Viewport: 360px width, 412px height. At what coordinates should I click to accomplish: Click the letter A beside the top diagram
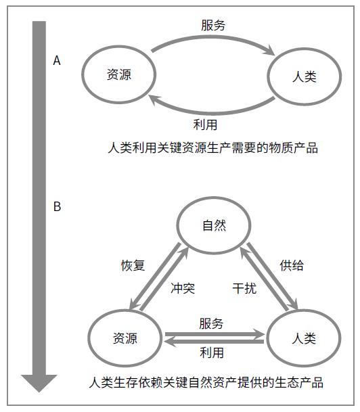(x=57, y=61)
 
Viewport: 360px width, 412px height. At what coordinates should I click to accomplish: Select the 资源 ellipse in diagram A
(x=119, y=75)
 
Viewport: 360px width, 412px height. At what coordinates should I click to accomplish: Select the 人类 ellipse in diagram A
(x=302, y=76)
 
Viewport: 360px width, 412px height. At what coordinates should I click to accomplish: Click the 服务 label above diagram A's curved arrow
(x=213, y=26)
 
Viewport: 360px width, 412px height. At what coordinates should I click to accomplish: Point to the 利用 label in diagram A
(x=205, y=124)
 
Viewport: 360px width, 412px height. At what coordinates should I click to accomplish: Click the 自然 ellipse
(x=214, y=226)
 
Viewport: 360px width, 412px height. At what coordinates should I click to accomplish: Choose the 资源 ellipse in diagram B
(x=125, y=338)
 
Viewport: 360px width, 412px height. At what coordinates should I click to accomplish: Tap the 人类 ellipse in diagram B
(x=302, y=338)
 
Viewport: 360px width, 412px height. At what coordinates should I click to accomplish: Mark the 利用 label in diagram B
(x=212, y=352)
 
